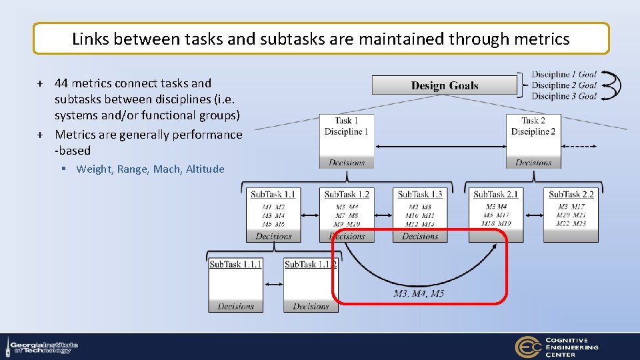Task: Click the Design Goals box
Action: click(444, 85)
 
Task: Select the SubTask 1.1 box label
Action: click(273, 194)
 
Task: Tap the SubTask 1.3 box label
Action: click(420, 194)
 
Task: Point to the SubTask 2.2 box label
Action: click(571, 194)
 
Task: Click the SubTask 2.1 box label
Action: click(495, 194)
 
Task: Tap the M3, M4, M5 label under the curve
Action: click(419, 293)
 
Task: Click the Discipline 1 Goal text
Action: click(564, 75)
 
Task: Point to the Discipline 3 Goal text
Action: click(564, 96)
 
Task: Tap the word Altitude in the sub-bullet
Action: click(205, 169)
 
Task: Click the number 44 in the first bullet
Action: click(61, 83)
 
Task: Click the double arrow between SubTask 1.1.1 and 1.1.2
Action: click(273, 285)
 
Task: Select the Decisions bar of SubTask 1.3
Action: click(420, 237)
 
